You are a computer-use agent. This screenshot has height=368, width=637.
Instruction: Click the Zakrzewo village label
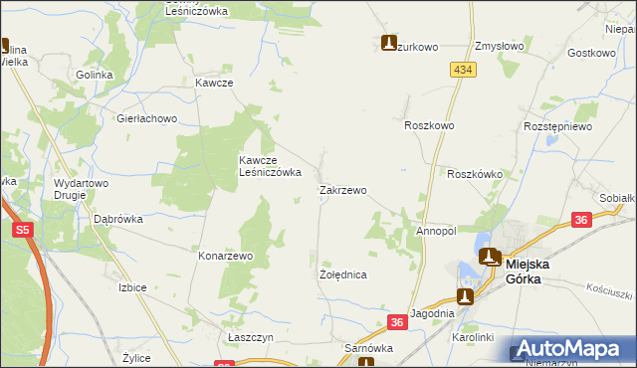click(342, 190)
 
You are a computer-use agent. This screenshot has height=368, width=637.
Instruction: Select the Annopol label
click(436, 231)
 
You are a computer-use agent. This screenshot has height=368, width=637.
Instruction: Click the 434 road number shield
click(461, 70)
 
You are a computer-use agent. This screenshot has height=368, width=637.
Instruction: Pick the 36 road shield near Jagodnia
click(397, 321)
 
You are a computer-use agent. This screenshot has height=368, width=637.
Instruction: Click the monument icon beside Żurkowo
click(390, 43)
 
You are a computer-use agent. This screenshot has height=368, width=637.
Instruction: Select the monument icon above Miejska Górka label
click(490, 257)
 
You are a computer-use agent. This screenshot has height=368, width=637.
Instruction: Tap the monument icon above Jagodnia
click(464, 295)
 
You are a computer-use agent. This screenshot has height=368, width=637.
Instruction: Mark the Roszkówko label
click(475, 174)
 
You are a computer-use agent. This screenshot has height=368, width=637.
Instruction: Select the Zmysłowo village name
click(500, 46)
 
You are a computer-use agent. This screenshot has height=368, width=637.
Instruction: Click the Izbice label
click(132, 287)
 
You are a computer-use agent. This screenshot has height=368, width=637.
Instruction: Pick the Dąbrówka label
click(117, 219)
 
